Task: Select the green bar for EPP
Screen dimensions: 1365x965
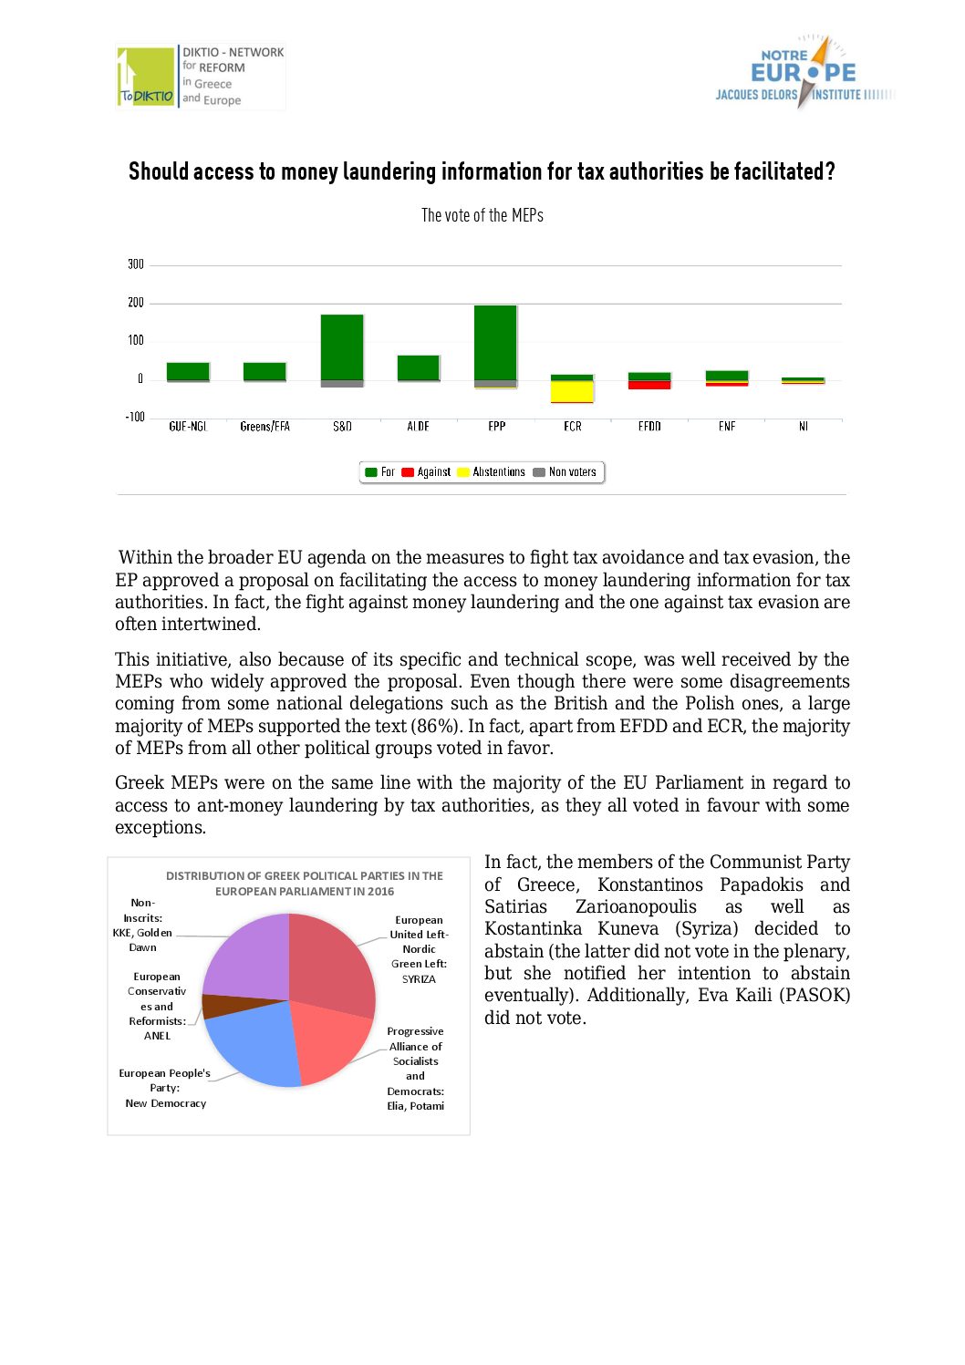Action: (495, 342)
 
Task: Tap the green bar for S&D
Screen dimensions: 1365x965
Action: (342, 346)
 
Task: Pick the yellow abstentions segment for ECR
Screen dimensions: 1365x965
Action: (572, 391)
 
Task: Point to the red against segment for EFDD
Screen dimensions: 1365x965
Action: (649, 385)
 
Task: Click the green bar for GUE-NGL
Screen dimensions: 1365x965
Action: (188, 371)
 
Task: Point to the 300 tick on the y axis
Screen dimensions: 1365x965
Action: (136, 264)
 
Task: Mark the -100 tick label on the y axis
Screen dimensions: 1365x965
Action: (134, 417)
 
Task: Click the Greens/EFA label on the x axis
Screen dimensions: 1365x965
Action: (265, 427)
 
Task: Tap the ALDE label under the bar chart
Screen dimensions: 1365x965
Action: (419, 427)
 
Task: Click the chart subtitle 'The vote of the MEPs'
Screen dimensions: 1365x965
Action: (482, 215)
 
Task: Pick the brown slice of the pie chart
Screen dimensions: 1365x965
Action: (219, 1006)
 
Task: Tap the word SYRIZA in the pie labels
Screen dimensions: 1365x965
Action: (419, 979)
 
